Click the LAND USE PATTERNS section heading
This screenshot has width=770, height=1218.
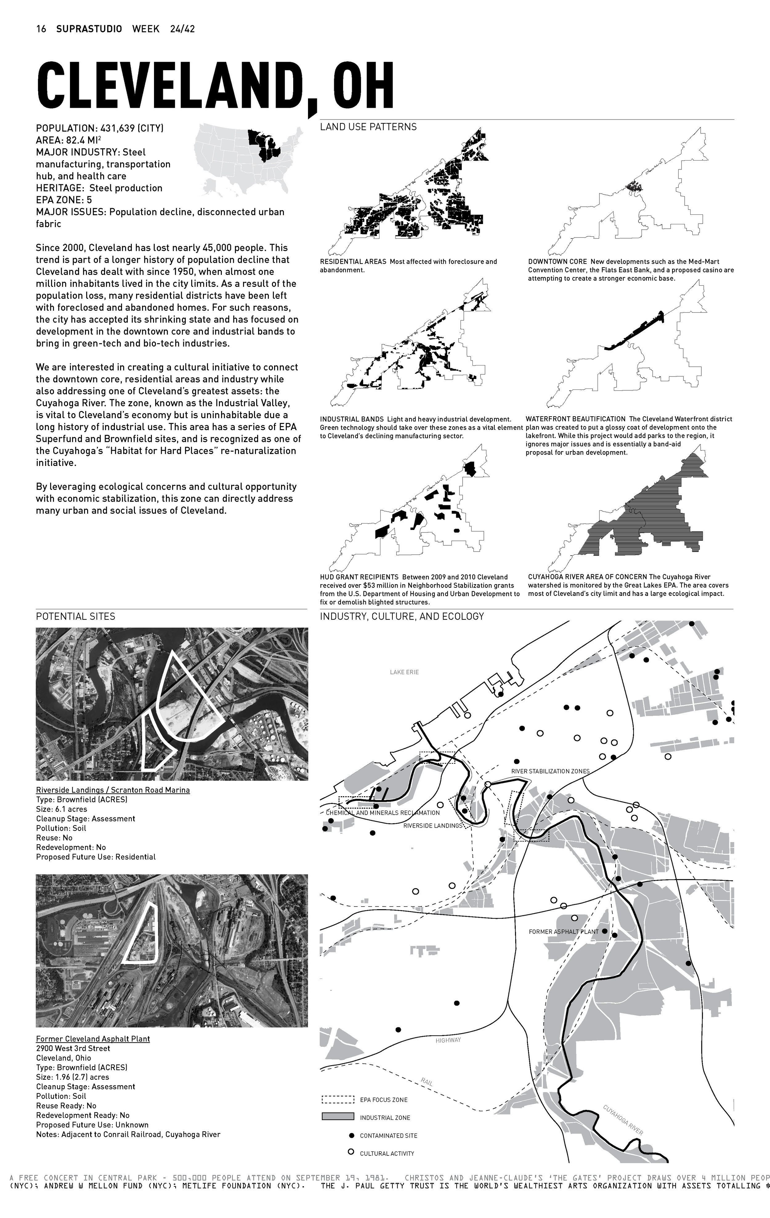(368, 127)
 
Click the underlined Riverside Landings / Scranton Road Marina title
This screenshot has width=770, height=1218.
(113, 790)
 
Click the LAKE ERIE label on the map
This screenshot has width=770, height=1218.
(404, 672)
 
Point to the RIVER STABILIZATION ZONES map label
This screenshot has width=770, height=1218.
(550, 771)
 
